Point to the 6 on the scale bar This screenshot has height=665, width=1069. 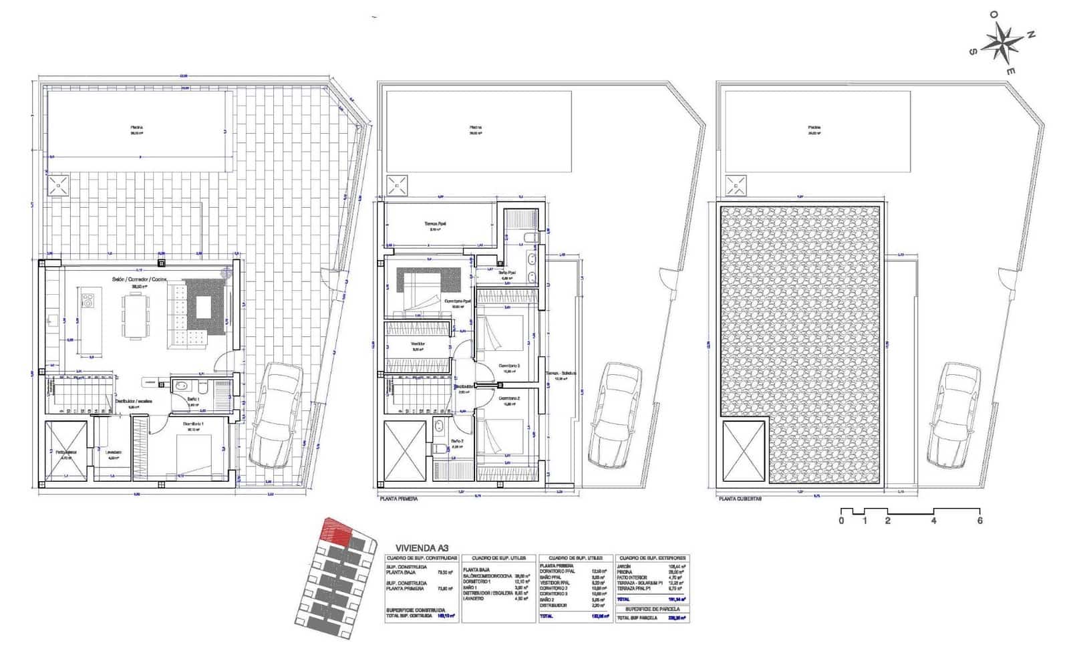click(979, 521)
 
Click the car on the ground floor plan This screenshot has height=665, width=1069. click(275, 414)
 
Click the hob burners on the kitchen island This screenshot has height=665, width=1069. click(87, 302)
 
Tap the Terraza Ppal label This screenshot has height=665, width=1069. click(435, 224)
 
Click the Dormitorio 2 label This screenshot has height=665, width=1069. click(509, 399)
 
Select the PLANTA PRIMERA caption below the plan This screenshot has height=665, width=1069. click(398, 499)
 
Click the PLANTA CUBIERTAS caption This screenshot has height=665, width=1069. click(740, 499)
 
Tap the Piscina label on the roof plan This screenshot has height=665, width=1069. click(814, 127)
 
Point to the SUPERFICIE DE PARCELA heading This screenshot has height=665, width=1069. click(653, 609)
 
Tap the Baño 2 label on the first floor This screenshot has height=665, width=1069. click(458, 441)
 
